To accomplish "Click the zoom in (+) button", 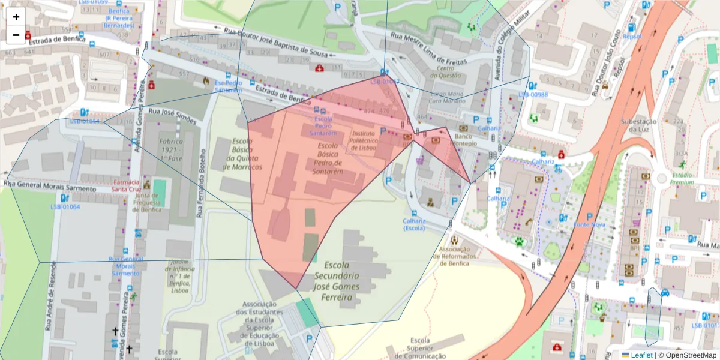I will click(16, 17).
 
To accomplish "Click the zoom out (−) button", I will click(16, 35).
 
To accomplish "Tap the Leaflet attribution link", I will click(641, 355).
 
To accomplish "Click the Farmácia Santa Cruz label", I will click(126, 185).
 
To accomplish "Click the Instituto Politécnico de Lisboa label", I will click(364, 140).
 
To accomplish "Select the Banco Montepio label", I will click(461, 140).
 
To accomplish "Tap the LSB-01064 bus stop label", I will click(65, 207).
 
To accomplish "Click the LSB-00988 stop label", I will click(533, 95).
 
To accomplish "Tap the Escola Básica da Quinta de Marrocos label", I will click(244, 154).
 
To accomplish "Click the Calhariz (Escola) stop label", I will click(414, 224).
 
